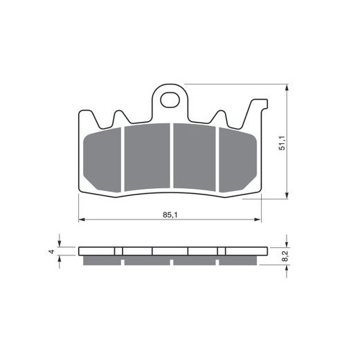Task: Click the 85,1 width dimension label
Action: [x=170, y=215]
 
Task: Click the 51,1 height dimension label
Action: [x=282, y=143]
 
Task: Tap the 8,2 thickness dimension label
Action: [x=285, y=256]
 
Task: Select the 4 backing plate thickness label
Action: [x=52, y=251]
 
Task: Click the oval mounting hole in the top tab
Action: [x=170, y=100]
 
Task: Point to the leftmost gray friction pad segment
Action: [x=102, y=160]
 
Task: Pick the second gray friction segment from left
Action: [x=147, y=157]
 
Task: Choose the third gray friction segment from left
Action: [x=195, y=157]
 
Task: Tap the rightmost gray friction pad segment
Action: [x=237, y=160]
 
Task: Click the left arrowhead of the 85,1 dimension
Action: [x=82, y=219]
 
